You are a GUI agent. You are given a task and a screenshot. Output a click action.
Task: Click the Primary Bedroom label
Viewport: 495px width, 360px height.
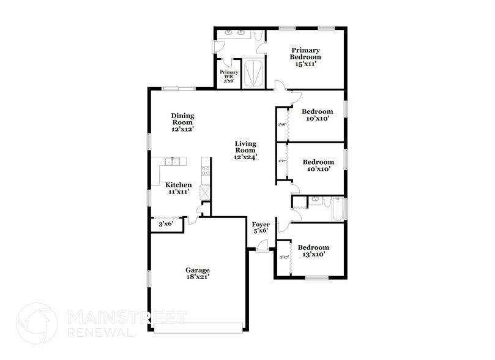[x=306, y=56]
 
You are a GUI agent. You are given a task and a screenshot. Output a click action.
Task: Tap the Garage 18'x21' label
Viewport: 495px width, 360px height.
[x=198, y=274]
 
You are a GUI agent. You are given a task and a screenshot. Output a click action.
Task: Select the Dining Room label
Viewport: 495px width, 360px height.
[x=182, y=122]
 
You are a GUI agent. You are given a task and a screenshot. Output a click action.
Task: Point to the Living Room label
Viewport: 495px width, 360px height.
[x=246, y=150]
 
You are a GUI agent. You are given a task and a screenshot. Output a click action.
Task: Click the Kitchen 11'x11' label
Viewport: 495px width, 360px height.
[x=178, y=188]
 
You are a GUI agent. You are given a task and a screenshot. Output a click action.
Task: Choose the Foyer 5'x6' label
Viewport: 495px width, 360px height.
[x=261, y=228]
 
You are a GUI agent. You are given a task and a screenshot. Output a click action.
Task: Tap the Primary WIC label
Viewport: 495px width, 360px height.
[x=229, y=76]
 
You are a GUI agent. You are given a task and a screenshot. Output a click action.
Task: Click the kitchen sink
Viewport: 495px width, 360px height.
[x=173, y=162]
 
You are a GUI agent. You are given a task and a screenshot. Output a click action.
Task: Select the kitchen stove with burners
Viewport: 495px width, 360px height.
[x=206, y=168]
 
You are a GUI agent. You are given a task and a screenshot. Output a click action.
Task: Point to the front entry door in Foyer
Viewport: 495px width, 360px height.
[x=262, y=246]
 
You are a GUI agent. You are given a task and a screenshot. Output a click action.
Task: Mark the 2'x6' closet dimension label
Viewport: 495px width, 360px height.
[x=282, y=124]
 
